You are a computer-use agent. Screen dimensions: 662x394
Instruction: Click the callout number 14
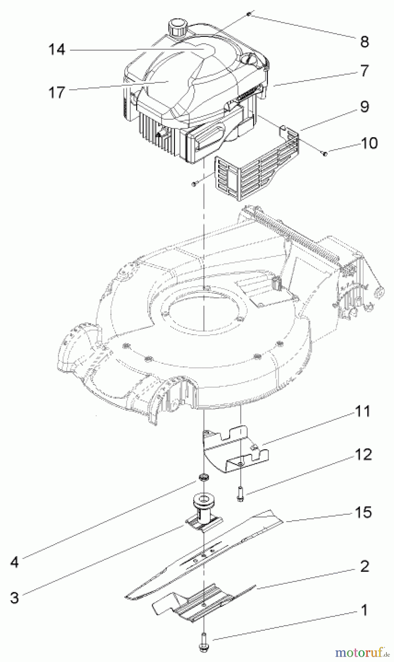57,50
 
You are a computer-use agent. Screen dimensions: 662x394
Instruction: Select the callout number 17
57,92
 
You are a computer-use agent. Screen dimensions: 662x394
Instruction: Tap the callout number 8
365,42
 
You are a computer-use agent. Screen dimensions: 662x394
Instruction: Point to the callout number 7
365,70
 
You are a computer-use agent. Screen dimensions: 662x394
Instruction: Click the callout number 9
365,107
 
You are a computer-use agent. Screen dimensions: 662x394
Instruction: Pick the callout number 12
364,455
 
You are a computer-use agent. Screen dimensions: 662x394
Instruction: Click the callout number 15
363,512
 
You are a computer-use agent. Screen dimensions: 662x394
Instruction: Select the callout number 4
14,562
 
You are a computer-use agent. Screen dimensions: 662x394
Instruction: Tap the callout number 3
14,598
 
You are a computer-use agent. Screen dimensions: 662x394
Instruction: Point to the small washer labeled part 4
203,477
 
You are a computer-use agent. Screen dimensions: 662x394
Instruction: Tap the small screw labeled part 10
325,154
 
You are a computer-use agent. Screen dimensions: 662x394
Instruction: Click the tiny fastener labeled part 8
249,14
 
